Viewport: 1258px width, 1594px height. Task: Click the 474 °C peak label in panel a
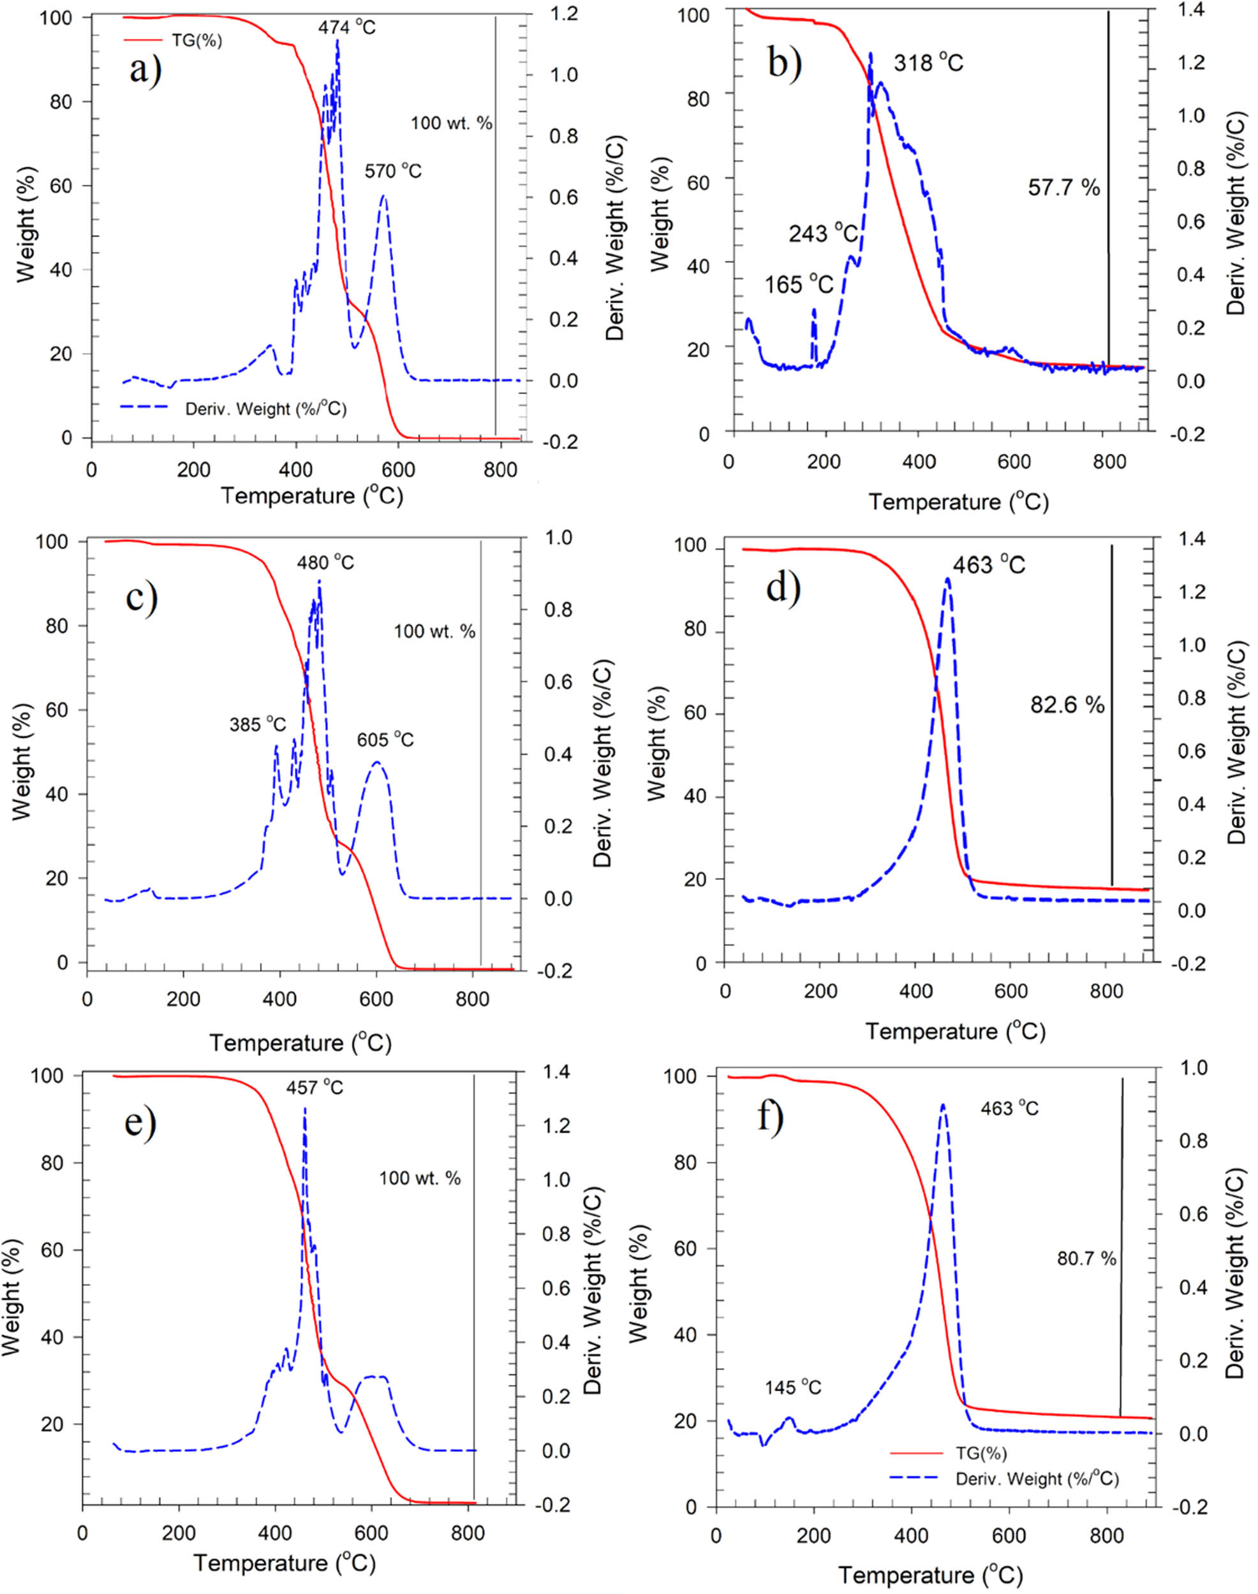coord(346,28)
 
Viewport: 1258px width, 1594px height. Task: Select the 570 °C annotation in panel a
coord(394,172)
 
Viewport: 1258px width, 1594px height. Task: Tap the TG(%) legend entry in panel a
coord(196,41)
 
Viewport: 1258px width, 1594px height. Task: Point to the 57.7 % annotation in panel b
coord(1063,187)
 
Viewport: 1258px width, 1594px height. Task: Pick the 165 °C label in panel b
coord(799,284)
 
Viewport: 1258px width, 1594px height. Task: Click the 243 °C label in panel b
coord(824,233)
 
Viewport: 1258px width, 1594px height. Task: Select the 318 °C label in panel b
coord(928,63)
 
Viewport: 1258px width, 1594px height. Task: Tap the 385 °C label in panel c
coord(257,725)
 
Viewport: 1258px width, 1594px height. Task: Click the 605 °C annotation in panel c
coord(385,739)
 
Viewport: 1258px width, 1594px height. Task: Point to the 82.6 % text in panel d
coord(1067,705)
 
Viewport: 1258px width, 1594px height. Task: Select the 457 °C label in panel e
coord(314,1088)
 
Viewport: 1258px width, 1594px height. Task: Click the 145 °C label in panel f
coord(792,1388)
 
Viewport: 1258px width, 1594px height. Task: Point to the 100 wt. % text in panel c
coord(434,631)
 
